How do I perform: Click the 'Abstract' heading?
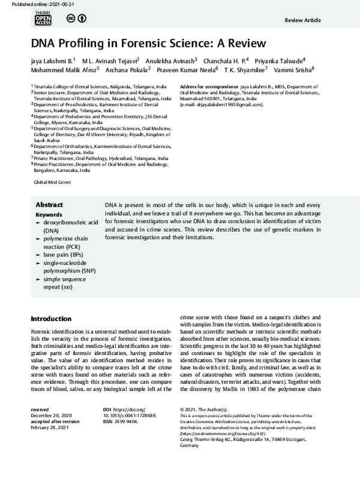(49, 205)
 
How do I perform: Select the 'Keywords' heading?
(49, 214)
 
